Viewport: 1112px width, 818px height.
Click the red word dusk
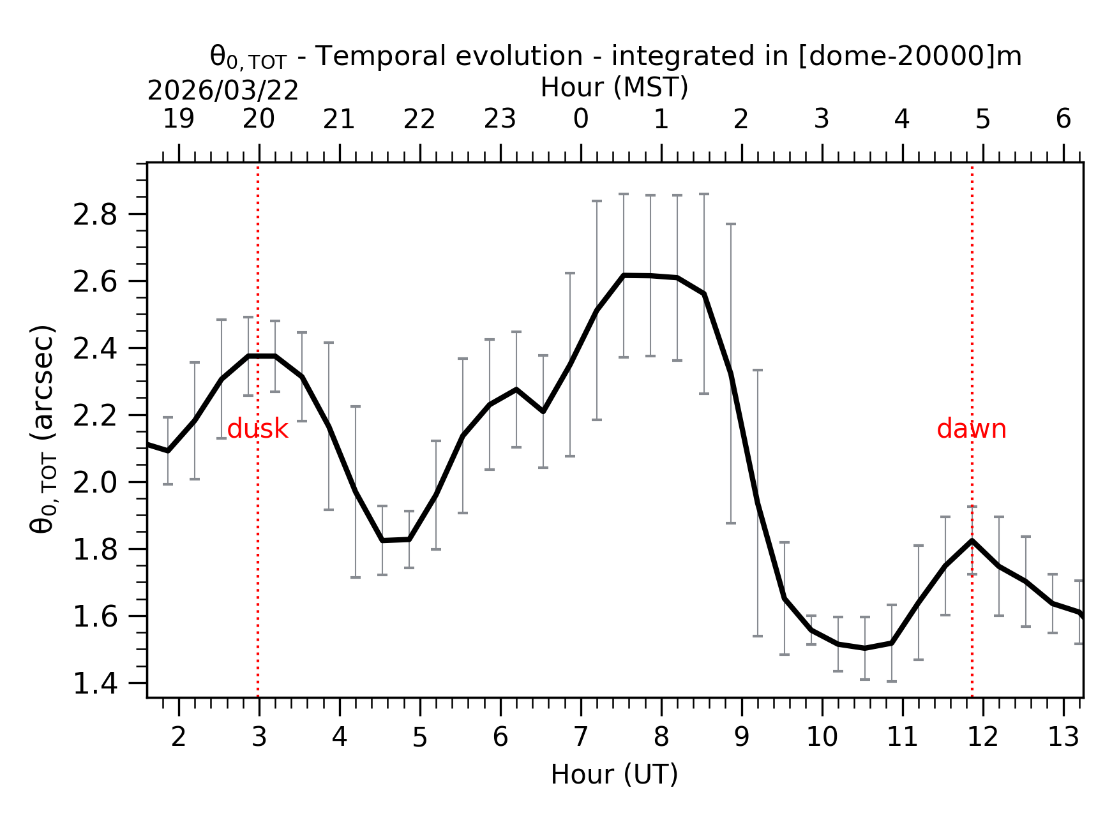257,429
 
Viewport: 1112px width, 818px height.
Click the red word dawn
971,429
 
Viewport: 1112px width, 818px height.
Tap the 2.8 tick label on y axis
95,216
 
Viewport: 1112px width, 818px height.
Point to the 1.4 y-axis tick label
95,685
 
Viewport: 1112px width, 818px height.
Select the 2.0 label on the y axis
95,483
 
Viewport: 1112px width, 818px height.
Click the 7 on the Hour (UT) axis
580,738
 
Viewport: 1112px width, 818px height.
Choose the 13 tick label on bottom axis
1063,738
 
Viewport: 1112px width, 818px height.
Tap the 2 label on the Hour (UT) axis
178,738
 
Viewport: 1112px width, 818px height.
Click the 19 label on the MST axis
178,119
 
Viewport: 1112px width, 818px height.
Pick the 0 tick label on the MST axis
580,119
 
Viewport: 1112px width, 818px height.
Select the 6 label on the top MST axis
1063,119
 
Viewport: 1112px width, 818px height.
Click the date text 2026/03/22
223,91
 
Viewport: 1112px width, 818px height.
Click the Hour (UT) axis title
614,775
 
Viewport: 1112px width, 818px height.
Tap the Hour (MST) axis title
614,87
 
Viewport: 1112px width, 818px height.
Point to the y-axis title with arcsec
43,429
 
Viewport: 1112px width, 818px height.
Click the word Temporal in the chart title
370,56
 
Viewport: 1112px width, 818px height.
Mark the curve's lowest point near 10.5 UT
864,648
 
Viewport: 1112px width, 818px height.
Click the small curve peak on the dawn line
972,540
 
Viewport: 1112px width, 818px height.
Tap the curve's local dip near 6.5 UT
543,412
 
